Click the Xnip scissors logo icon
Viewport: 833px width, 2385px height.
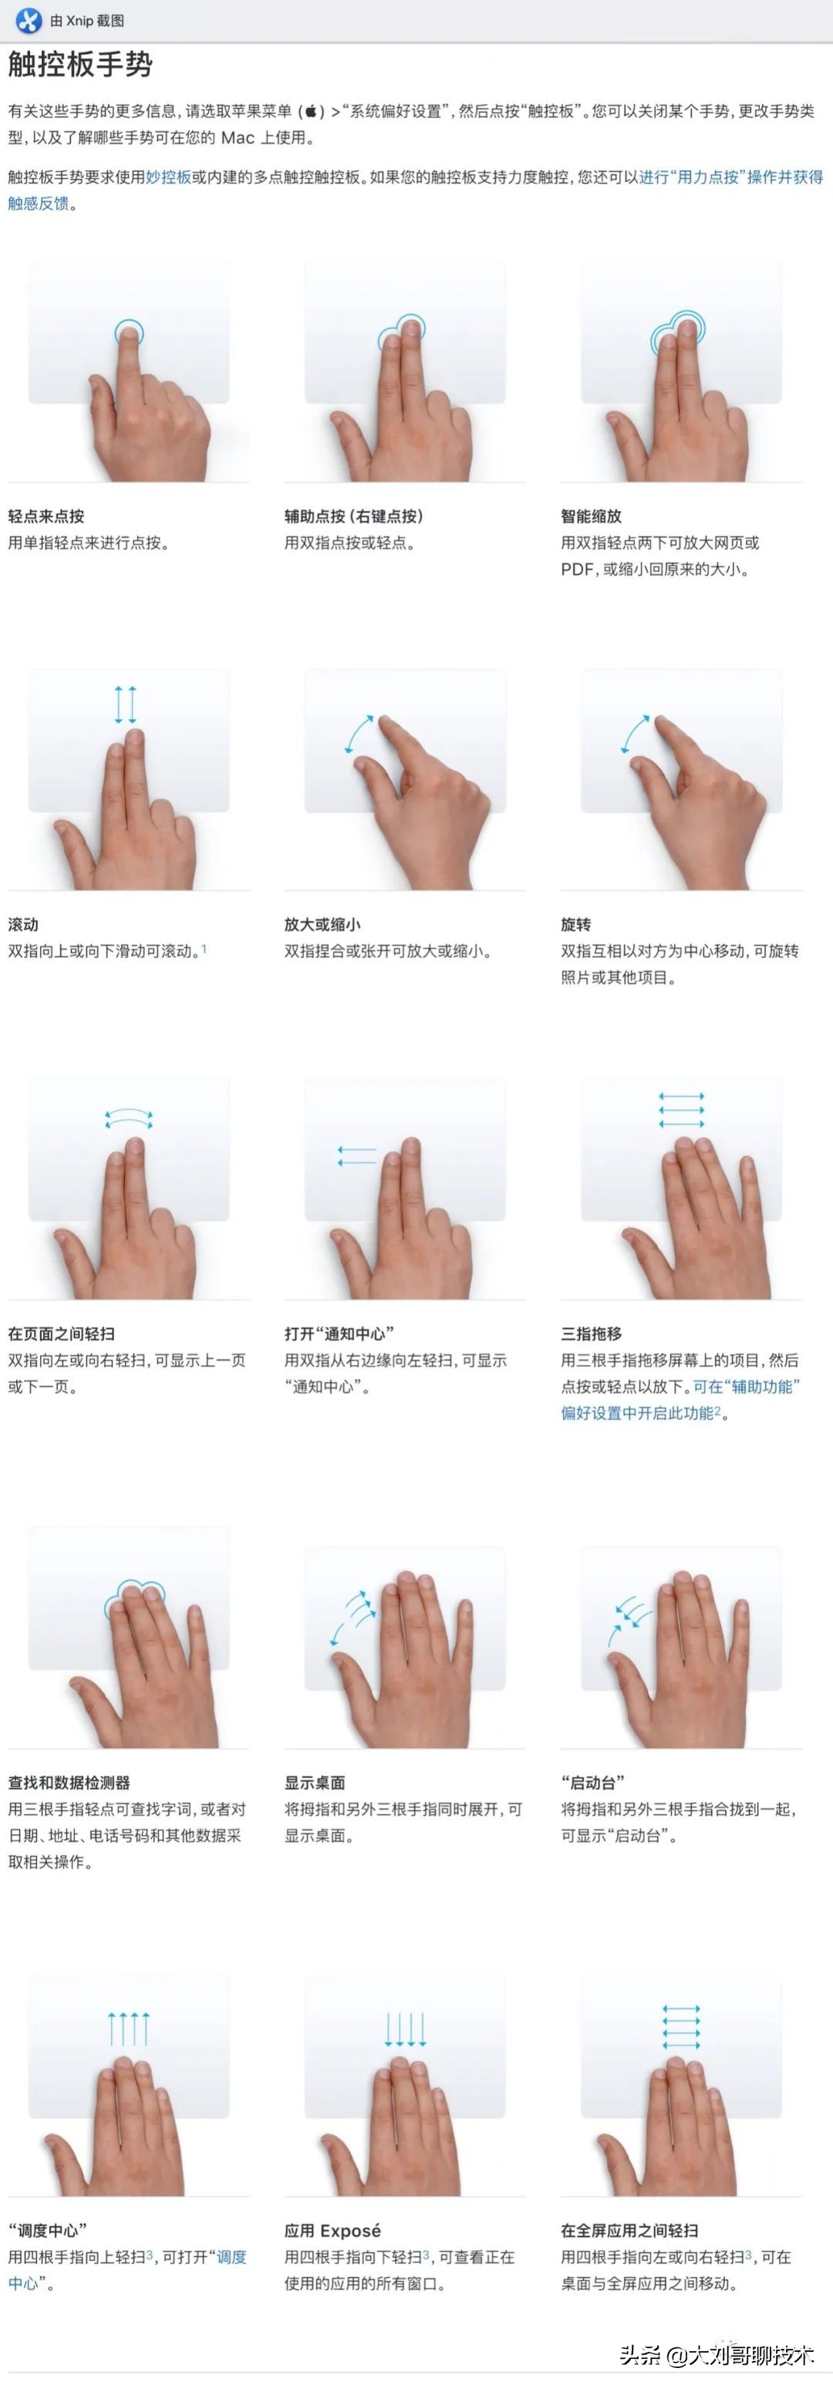[29, 19]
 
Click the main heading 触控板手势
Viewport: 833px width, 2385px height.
[79, 65]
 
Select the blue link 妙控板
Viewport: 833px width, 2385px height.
[168, 177]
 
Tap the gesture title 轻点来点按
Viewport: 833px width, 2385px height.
[46, 517]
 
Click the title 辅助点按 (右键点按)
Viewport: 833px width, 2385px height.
[352, 517]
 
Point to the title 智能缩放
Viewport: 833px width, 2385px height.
[591, 517]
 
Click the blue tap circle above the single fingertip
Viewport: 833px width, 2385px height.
[129, 332]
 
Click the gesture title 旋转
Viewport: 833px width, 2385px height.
[575, 924]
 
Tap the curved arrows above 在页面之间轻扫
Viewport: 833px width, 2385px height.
[129, 1118]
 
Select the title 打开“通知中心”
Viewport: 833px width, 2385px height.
[339, 1333]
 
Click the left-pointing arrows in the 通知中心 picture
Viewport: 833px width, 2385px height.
[356, 1155]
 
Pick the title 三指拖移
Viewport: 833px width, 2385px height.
[591, 1333]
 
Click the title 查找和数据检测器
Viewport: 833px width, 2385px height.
[69, 1783]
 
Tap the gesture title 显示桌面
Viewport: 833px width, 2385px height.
[315, 1783]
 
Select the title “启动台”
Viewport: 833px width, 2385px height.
[592, 1783]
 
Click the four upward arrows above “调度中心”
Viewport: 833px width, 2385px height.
[129, 2029]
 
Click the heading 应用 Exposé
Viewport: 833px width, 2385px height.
[332, 2231]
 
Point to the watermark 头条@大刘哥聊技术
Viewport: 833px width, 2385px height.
[717, 2354]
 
